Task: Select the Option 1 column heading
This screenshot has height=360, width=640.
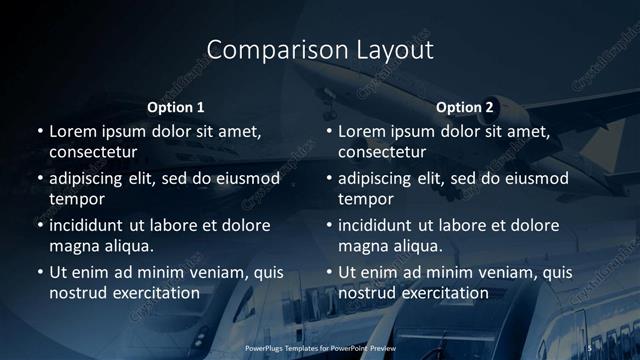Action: [x=176, y=107]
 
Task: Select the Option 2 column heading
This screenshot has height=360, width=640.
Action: [x=465, y=107]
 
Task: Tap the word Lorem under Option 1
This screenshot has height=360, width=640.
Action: [x=73, y=131]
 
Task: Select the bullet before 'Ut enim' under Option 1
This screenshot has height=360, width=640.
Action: [x=39, y=272]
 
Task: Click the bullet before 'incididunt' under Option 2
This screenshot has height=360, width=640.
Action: [x=329, y=225]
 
